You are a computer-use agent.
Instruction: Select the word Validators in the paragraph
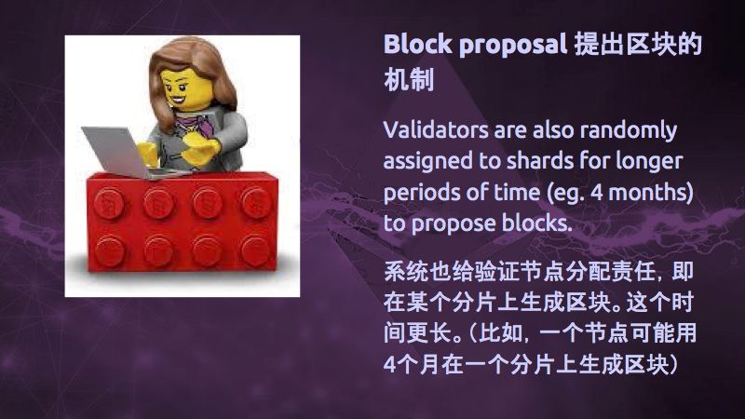click(436, 130)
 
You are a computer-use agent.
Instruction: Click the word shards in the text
click(540, 160)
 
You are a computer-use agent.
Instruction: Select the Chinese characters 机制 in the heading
click(409, 79)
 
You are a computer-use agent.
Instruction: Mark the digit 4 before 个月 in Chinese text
click(389, 365)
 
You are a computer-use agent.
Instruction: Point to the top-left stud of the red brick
click(108, 202)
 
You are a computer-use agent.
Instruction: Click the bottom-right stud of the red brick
click(255, 250)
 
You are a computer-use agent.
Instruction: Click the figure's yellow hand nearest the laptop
click(148, 153)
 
